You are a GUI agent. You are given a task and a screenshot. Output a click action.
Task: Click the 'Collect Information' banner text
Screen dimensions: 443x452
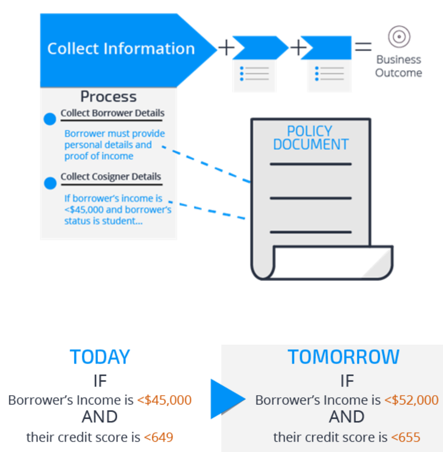point(121,48)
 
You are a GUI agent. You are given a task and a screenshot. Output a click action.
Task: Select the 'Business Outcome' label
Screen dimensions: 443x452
point(398,66)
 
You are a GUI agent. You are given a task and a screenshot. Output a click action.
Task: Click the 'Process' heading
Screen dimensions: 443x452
point(109,97)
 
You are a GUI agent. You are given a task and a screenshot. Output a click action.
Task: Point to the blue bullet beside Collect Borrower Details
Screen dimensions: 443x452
point(50,119)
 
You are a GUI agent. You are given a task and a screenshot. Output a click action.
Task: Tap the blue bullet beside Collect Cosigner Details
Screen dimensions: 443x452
point(50,183)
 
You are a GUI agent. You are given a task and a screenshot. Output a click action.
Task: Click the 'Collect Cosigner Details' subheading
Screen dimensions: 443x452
point(111,177)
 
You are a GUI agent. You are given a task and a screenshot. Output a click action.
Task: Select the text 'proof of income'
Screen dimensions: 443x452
point(99,156)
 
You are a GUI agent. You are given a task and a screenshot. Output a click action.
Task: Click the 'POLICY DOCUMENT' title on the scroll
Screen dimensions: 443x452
point(311,138)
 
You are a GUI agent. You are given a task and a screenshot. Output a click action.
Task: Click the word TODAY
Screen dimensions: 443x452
point(100,357)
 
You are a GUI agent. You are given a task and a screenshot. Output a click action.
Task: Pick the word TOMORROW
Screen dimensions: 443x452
point(344,357)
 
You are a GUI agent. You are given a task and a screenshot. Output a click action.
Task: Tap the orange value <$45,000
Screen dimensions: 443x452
point(164,400)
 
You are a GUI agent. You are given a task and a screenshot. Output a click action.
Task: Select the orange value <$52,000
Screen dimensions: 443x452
point(411,400)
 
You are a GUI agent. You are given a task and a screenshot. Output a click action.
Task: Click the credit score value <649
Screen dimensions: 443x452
point(158,437)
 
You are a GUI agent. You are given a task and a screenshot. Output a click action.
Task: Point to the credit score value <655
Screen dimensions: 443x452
point(405,437)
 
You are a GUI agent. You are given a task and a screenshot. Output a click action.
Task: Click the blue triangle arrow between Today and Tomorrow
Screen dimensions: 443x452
point(226,399)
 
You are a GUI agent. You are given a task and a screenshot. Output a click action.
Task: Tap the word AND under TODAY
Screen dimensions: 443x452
point(100,418)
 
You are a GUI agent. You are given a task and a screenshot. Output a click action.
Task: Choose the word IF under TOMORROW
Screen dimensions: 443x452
point(347,381)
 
